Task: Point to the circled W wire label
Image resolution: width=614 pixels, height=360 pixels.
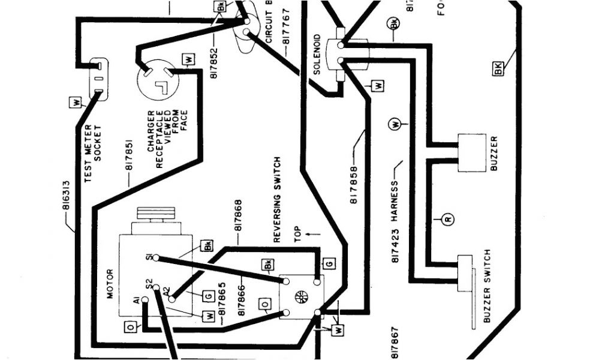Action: tap(396, 125)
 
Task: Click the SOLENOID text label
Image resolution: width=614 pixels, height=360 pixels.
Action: tap(317, 55)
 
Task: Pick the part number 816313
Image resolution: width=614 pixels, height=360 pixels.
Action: tap(65, 203)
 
